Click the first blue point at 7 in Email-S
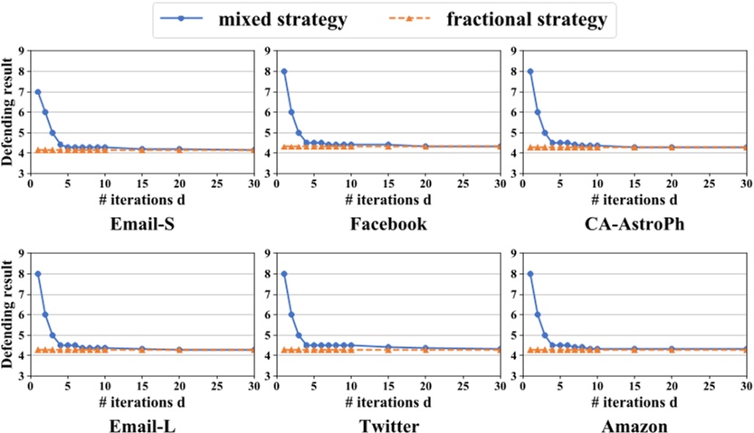[38, 91]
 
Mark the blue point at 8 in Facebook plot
[284, 71]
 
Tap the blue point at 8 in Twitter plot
[284, 274]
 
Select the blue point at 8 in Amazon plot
[530, 274]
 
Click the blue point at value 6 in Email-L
[45, 315]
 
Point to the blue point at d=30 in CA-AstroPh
[745, 147]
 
